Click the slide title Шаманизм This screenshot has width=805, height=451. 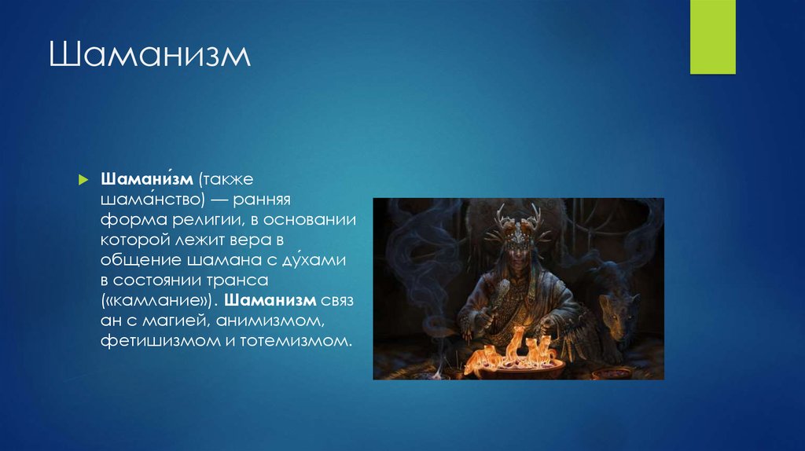(149, 54)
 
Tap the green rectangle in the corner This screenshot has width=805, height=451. (712, 37)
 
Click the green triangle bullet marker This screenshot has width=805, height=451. (83, 180)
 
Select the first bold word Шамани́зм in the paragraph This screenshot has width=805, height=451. (147, 179)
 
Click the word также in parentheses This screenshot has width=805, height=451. (227, 179)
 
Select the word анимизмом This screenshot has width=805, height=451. (270, 321)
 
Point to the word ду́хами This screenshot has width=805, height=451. (314, 259)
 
